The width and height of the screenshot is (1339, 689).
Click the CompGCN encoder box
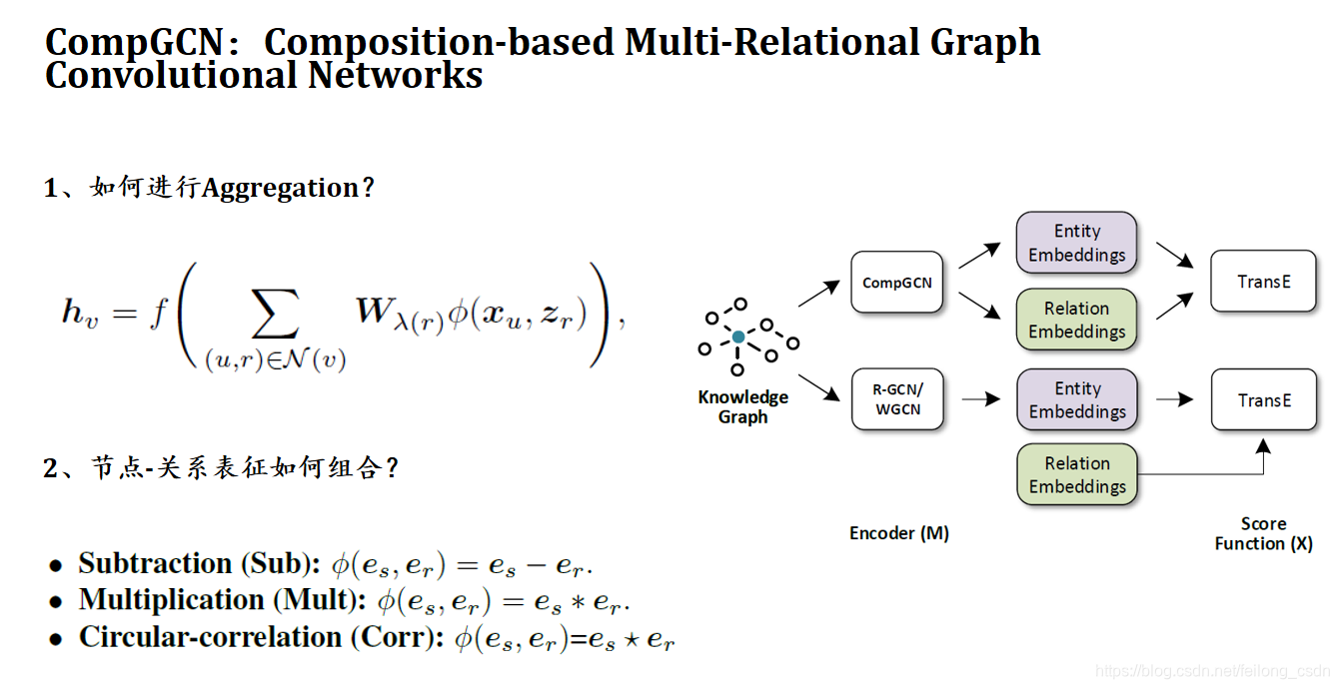click(x=896, y=283)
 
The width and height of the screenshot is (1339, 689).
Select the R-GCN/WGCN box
click(x=896, y=399)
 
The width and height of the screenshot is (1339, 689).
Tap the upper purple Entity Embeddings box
click(x=1076, y=243)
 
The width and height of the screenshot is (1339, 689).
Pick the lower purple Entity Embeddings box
click(x=1076, y=399)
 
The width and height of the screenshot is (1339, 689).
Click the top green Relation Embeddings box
click(x=1076, y=320)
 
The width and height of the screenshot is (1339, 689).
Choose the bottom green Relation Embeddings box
click(x=1076, y=474)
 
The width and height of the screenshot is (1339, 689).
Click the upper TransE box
click(x=1263, y=282)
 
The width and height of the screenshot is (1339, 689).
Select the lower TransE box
click(x=1263, y=400)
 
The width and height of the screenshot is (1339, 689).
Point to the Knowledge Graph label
click(x=742, y=406)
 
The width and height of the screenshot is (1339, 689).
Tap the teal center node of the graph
click(x=738, y=338)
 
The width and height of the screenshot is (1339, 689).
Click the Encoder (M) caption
click(x=898, y=533)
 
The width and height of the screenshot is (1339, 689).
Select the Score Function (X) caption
click(x=1263, y=533)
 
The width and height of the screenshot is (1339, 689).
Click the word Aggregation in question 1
click(x=281, y=188)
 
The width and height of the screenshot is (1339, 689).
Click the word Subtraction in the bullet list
click(x=155, y=563)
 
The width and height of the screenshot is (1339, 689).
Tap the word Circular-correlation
click(x=210, y=637)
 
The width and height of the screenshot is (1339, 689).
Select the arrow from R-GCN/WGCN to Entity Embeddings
click(x=980, y=399)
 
